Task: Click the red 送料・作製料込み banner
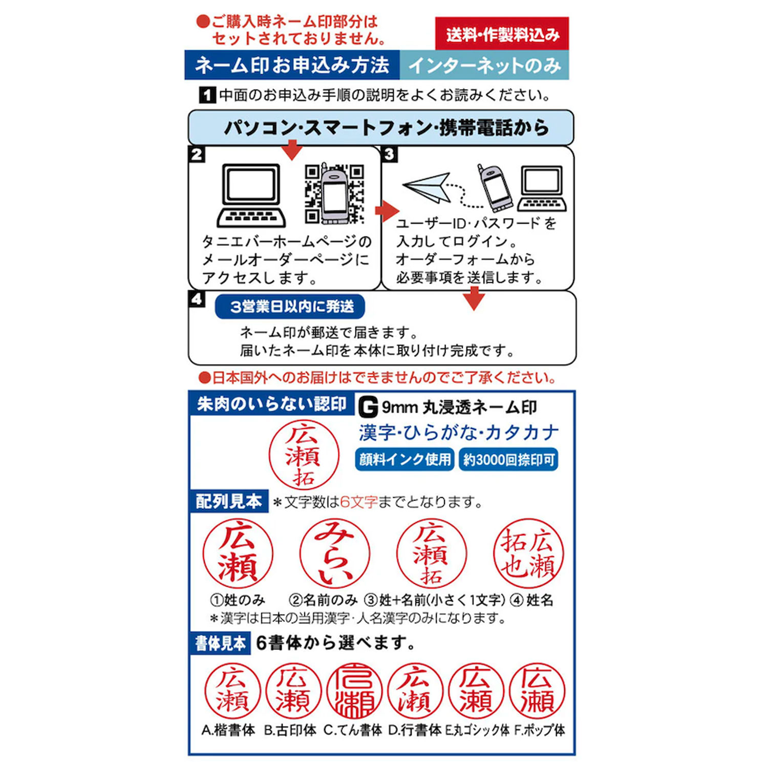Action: (502, 34)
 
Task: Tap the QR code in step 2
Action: (334, 194)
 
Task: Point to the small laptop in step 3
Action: (542, 188)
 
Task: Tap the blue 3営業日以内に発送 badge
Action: (290, 307)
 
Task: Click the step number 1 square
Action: (207, 95)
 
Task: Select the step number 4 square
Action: (197, 299)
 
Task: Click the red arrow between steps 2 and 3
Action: (387, 210)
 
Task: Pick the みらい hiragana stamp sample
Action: (335, 553)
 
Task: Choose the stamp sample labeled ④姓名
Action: (528, 553)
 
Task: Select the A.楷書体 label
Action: (228, 730)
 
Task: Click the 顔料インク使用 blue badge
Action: (404, 459)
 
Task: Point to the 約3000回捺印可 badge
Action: (508, 459)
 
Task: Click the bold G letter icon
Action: (368, 407)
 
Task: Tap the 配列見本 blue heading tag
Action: (229, 501)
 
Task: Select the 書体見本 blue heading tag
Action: (220, 643)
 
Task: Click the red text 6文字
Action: (359, 502)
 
